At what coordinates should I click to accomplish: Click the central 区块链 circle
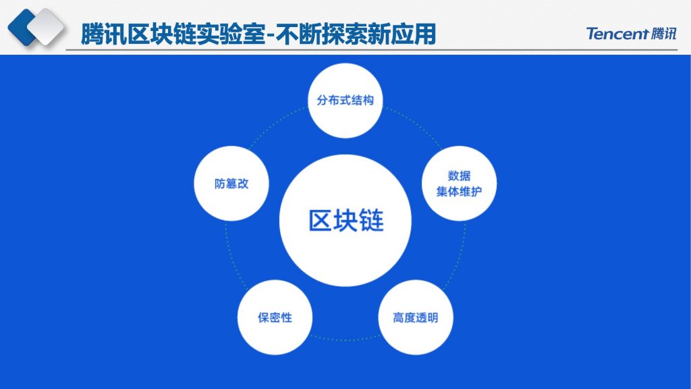[345, 221]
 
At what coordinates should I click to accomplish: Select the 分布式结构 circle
[345, 101]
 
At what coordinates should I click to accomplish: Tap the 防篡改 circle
[231, 184]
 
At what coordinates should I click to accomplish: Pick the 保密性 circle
[275, 317]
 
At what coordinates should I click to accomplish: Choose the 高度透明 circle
[416, 317]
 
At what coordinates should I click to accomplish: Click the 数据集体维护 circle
[459, 184]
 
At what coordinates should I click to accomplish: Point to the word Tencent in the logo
[617, 34]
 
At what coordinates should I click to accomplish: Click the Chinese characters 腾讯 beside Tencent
[663, 34]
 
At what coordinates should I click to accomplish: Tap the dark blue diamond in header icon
[22, 26]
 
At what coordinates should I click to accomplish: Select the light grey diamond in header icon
[46, 26]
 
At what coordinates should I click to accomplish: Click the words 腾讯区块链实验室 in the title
[173, 34]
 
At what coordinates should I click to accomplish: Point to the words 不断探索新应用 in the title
[356, 34]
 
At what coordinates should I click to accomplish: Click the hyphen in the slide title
[271, 35]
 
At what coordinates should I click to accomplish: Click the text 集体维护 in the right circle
[459, 191]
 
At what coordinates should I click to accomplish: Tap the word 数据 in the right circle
[459, 176]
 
